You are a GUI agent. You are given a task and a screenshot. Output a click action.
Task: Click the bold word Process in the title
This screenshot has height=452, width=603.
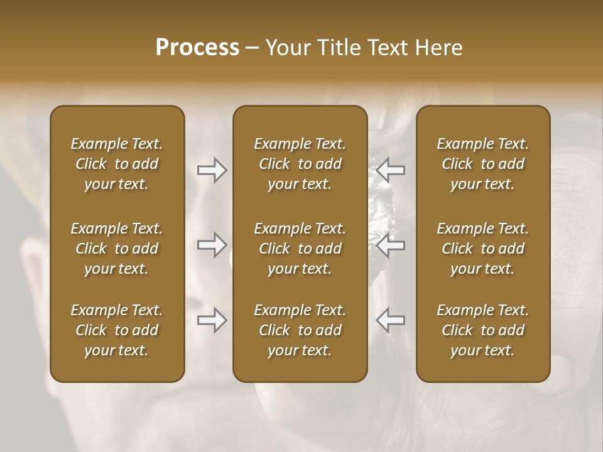[x=197, y=48]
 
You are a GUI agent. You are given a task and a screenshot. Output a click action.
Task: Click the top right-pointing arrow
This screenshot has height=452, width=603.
[x=212, y=170]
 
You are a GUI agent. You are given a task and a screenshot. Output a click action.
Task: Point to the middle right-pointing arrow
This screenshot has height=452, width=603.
[x=212, y=245]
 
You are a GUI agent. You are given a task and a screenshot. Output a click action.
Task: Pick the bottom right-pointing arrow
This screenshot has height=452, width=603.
[x=212, y=320]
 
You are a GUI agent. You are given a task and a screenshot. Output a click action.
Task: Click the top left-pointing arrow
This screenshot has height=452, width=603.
[x=390, y=170]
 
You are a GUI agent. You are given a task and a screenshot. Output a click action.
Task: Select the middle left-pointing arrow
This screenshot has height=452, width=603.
[x=390, y=245]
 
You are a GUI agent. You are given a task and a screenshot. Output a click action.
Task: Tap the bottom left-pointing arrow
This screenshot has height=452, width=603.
[x=390, y=320]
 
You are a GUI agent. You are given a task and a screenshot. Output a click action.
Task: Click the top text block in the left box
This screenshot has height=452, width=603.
[x=117, y=164]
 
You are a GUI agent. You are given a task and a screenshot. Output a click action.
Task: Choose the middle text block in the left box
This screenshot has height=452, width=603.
[x=117, y=249]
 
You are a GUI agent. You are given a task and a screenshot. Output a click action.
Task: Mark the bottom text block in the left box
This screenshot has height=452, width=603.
[x=117, y=330]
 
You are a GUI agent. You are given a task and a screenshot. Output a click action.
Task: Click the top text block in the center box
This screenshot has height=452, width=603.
[x=300, y=164]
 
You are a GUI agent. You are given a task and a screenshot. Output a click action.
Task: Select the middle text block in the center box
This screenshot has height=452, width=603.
[x=300, y=249]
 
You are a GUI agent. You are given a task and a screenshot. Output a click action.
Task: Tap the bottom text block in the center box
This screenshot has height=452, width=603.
[x=300, y=330]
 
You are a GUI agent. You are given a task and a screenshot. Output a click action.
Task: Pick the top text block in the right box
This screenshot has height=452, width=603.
[x=483, y=164]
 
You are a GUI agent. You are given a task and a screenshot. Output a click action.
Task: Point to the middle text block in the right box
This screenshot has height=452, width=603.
[x=483, y=249]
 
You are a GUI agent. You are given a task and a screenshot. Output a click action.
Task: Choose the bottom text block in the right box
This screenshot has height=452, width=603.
[x=483, y=330]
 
